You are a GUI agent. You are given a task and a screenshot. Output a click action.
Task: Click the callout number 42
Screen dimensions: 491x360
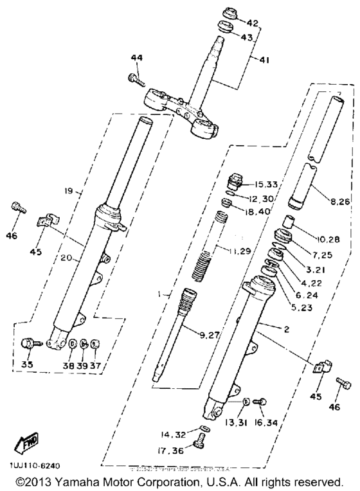252,23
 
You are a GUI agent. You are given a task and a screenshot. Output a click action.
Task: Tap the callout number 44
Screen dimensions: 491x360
136,58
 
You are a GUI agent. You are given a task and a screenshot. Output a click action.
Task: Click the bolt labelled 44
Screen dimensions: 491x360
134,79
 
